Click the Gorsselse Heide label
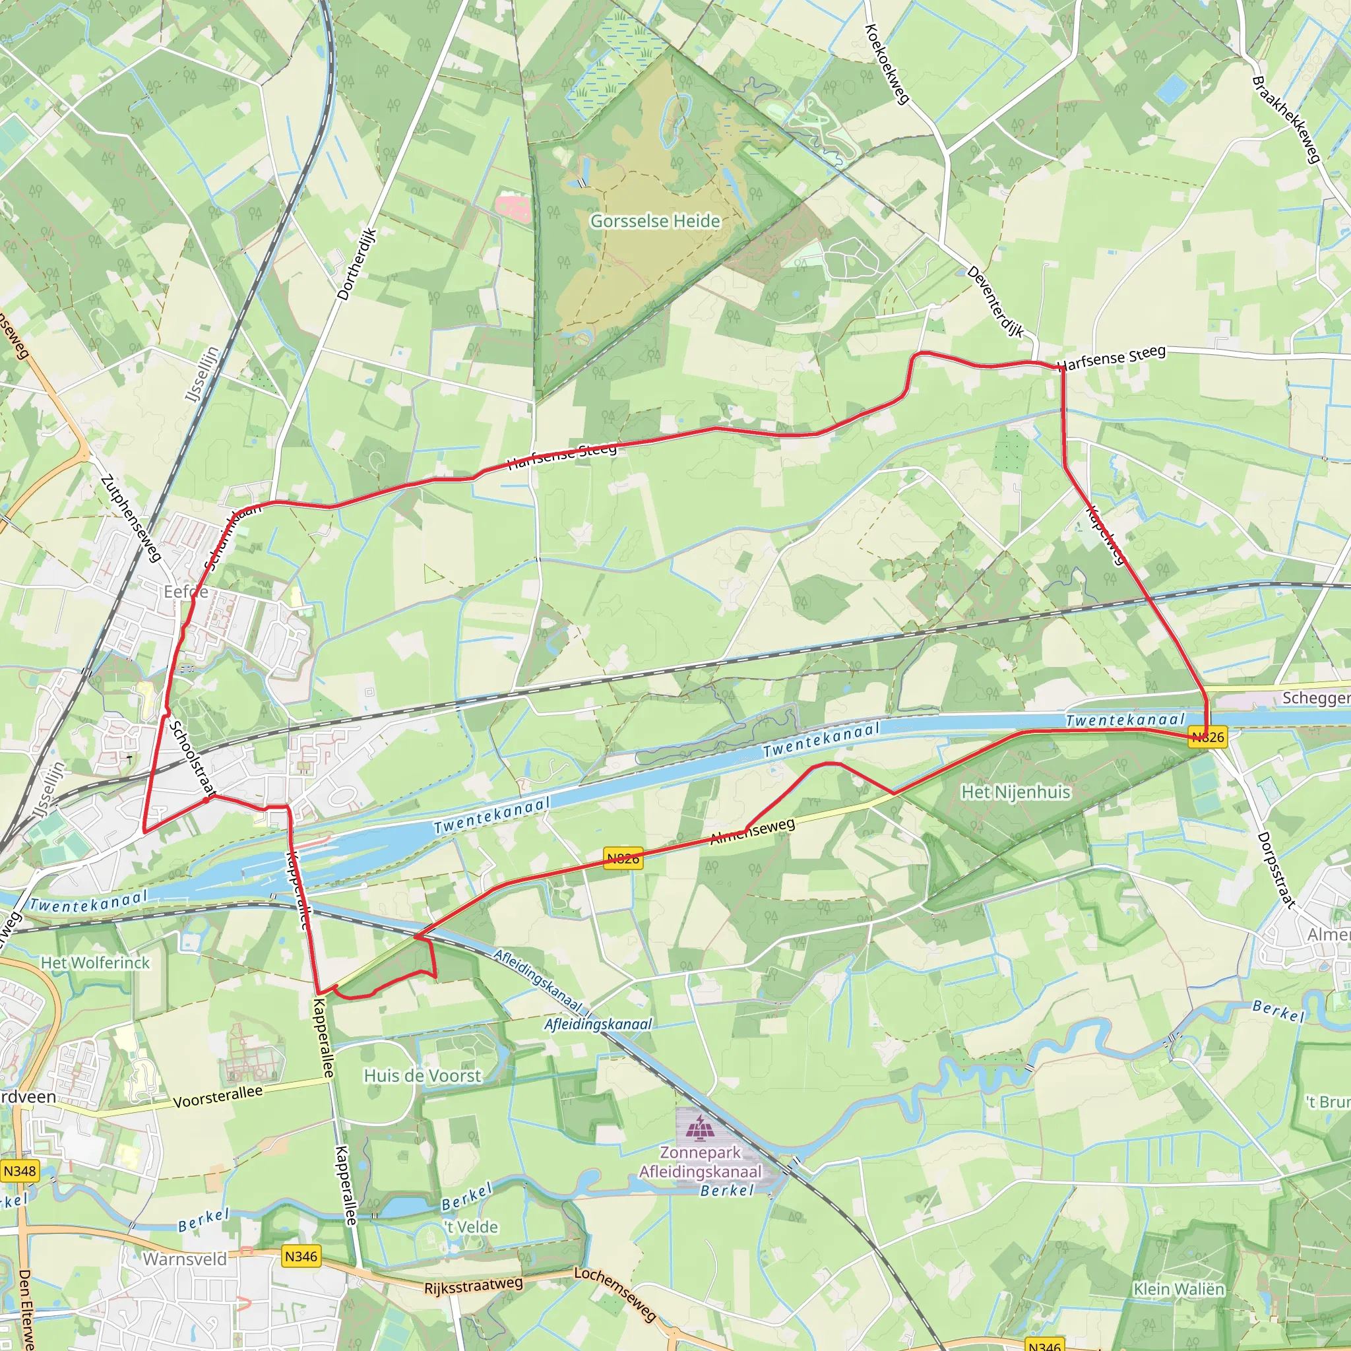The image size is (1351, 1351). (655, 221)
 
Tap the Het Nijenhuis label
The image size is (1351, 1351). (1015, 792)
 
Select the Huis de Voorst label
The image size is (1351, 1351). (422, 1075)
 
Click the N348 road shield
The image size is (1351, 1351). (20, 1171)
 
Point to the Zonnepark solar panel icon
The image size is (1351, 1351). (697, 1128)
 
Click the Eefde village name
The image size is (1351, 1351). (185, 592)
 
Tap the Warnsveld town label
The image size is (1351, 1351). (185, 1259)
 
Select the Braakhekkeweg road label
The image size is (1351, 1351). (1286, 119)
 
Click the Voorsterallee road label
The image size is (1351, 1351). (218, 1097)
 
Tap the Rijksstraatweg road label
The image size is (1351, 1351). (473, 1285)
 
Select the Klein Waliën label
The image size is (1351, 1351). (1179, 1289)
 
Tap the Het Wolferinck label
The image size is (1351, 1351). (95, 963)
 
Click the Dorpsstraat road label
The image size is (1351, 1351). (1276, 870)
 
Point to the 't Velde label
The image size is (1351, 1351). (470, 1226)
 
